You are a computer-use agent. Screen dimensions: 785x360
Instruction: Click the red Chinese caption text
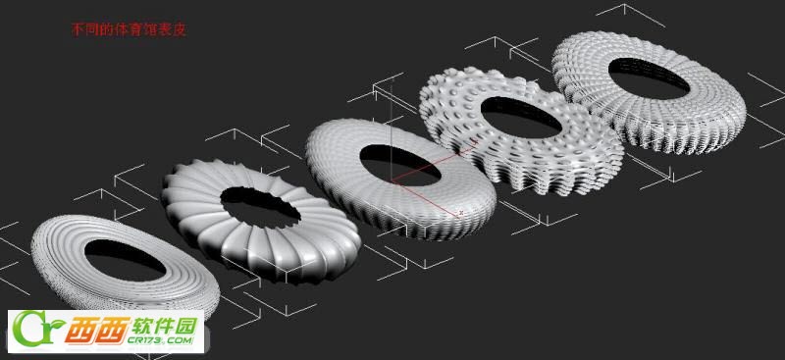pyautogui.click(x=130, y=30)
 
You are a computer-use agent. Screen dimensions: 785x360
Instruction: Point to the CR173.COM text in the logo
pyautogui.click(x=160, y=340)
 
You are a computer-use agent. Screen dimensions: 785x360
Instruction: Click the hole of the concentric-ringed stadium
pyautogui.click(x=125, y=260)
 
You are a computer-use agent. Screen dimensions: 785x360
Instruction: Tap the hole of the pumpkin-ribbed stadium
pyautogui.click(x=260, y=207)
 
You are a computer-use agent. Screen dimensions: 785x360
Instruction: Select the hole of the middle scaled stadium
pyautogui.click(x=400, y=165)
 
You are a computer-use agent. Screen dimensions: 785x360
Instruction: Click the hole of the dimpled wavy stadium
pyautogui.click(x=521, y=117)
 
